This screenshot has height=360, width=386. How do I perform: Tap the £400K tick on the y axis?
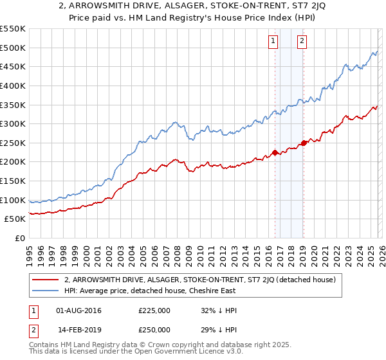pos(13,85)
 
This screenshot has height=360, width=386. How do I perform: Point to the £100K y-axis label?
pos(13,200)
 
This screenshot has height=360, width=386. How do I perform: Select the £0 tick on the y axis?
pos(19,239)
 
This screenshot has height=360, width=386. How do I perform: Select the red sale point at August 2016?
pos(275,152)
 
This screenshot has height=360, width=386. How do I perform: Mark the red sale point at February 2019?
pos(303,143)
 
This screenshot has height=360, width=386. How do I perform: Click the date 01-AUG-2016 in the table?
pos(78,311)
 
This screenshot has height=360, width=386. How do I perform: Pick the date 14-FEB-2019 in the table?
pos(78,329)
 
